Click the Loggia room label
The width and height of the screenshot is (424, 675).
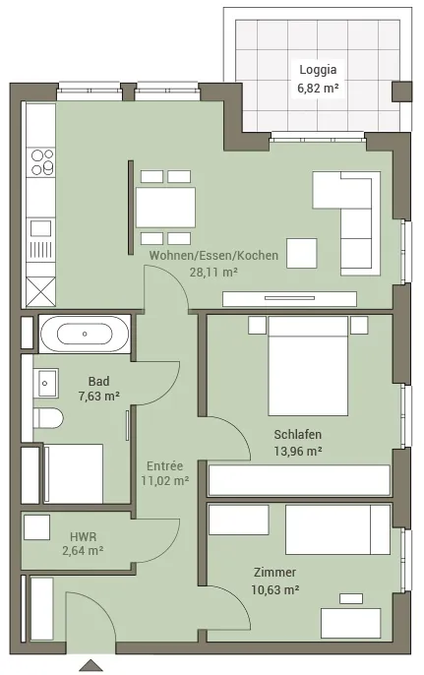(318, 70)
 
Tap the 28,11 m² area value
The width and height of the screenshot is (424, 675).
(213, 272)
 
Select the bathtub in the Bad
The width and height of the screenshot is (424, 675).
(85, 334)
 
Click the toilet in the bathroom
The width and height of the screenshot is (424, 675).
(48, 418)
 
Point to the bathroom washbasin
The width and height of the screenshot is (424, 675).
(47, 383)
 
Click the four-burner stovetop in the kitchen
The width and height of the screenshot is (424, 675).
(41, 161)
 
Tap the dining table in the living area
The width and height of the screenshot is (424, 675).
(165, 208)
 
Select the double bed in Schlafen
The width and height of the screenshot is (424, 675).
(308, 366)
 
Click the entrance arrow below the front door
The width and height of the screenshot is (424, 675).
(91, 665)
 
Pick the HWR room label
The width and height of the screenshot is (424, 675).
(83, 537)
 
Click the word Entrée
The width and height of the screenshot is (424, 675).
(164, 465)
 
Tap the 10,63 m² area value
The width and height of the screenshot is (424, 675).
(275, 589)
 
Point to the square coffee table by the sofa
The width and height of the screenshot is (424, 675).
(302, 253)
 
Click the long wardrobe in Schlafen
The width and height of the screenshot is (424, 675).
(299, 480)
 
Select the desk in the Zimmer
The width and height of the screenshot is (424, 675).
(350, 623)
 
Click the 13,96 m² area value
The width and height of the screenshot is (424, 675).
(298, 451)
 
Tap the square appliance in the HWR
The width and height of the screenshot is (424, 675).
(37, 527)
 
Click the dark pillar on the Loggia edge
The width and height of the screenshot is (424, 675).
(401, 92)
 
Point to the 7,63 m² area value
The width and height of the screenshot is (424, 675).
(99, 396)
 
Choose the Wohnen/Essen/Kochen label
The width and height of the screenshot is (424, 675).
(213, 255)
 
